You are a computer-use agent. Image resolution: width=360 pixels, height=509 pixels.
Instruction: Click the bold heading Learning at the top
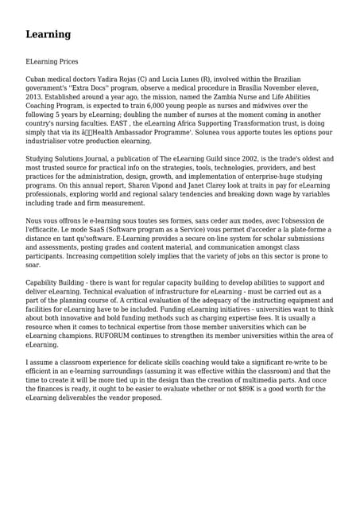point(48,34)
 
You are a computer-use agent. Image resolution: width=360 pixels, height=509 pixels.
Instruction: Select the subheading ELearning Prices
point(52,61)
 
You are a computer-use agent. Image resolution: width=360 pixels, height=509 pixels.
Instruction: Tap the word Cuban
point(37,80)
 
